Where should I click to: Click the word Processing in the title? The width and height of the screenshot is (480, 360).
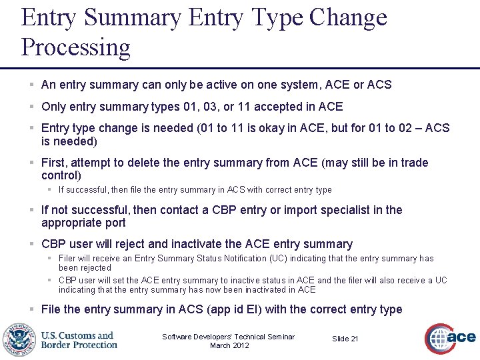click(76, 47)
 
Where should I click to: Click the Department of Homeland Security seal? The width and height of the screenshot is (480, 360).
click(19, 339)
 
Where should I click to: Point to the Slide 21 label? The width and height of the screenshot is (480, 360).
click(345, 339)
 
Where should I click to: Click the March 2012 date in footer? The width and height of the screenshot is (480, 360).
click(229, 345)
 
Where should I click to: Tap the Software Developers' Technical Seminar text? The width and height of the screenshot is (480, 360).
click(229, 337)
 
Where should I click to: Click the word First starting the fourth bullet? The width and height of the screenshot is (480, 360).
click(53, 163)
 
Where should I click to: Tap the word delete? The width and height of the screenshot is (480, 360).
click(163, 163)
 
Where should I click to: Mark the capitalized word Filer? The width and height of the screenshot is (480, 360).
click(67, 258)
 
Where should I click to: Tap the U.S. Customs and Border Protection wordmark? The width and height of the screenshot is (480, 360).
click(79, 340)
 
